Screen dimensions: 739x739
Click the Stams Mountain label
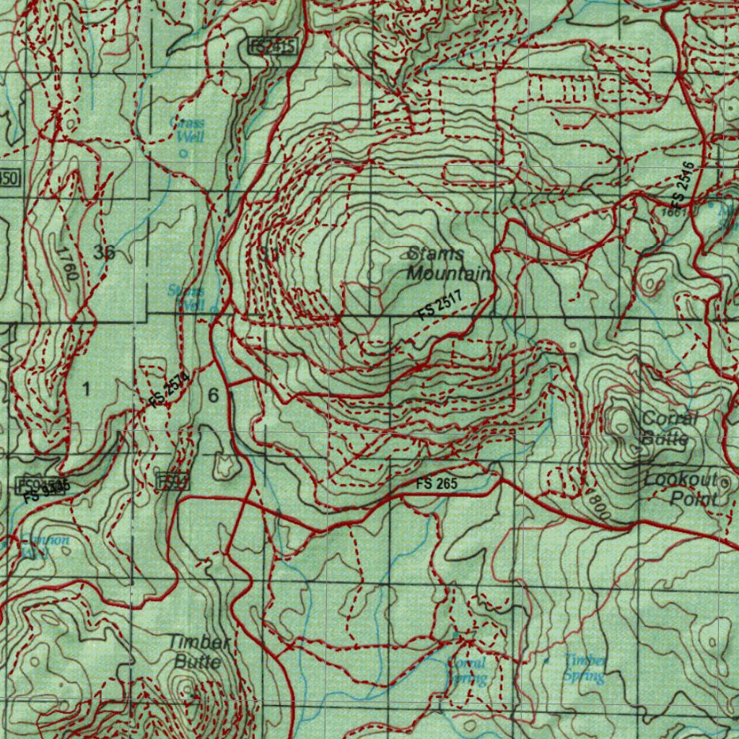point(448,263)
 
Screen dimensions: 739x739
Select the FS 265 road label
point(436,483)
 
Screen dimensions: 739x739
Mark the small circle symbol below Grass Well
point(183,153)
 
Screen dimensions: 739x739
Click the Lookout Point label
point(681,489)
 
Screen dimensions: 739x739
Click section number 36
point(104,252)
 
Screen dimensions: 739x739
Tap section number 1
point(87,390)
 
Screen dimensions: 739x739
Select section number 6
point(213,395)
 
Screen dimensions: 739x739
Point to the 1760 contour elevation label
point(66,264)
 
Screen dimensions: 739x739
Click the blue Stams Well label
point(185,297)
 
